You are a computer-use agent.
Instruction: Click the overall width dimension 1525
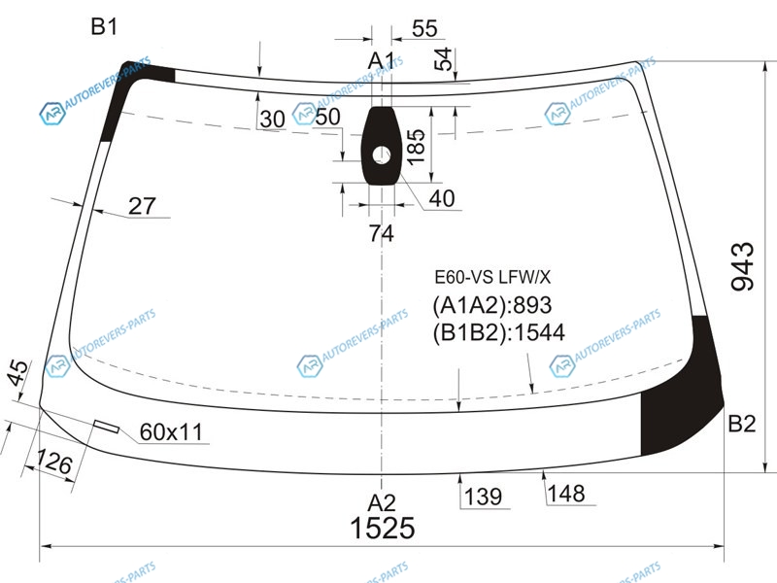[382, 528]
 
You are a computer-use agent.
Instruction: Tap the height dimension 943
[742, 266]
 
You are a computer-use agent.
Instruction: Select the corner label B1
[104, 26]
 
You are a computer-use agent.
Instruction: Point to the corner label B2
[742, 425]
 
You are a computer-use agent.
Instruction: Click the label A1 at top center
[381, 61]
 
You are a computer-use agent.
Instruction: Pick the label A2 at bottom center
[382, 503]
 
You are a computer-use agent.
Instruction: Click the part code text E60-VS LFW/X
[492, 278]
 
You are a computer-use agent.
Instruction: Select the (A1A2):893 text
[492, 305]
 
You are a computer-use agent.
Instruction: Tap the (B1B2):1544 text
[498, 332]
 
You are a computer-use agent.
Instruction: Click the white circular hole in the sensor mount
[381, 155]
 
